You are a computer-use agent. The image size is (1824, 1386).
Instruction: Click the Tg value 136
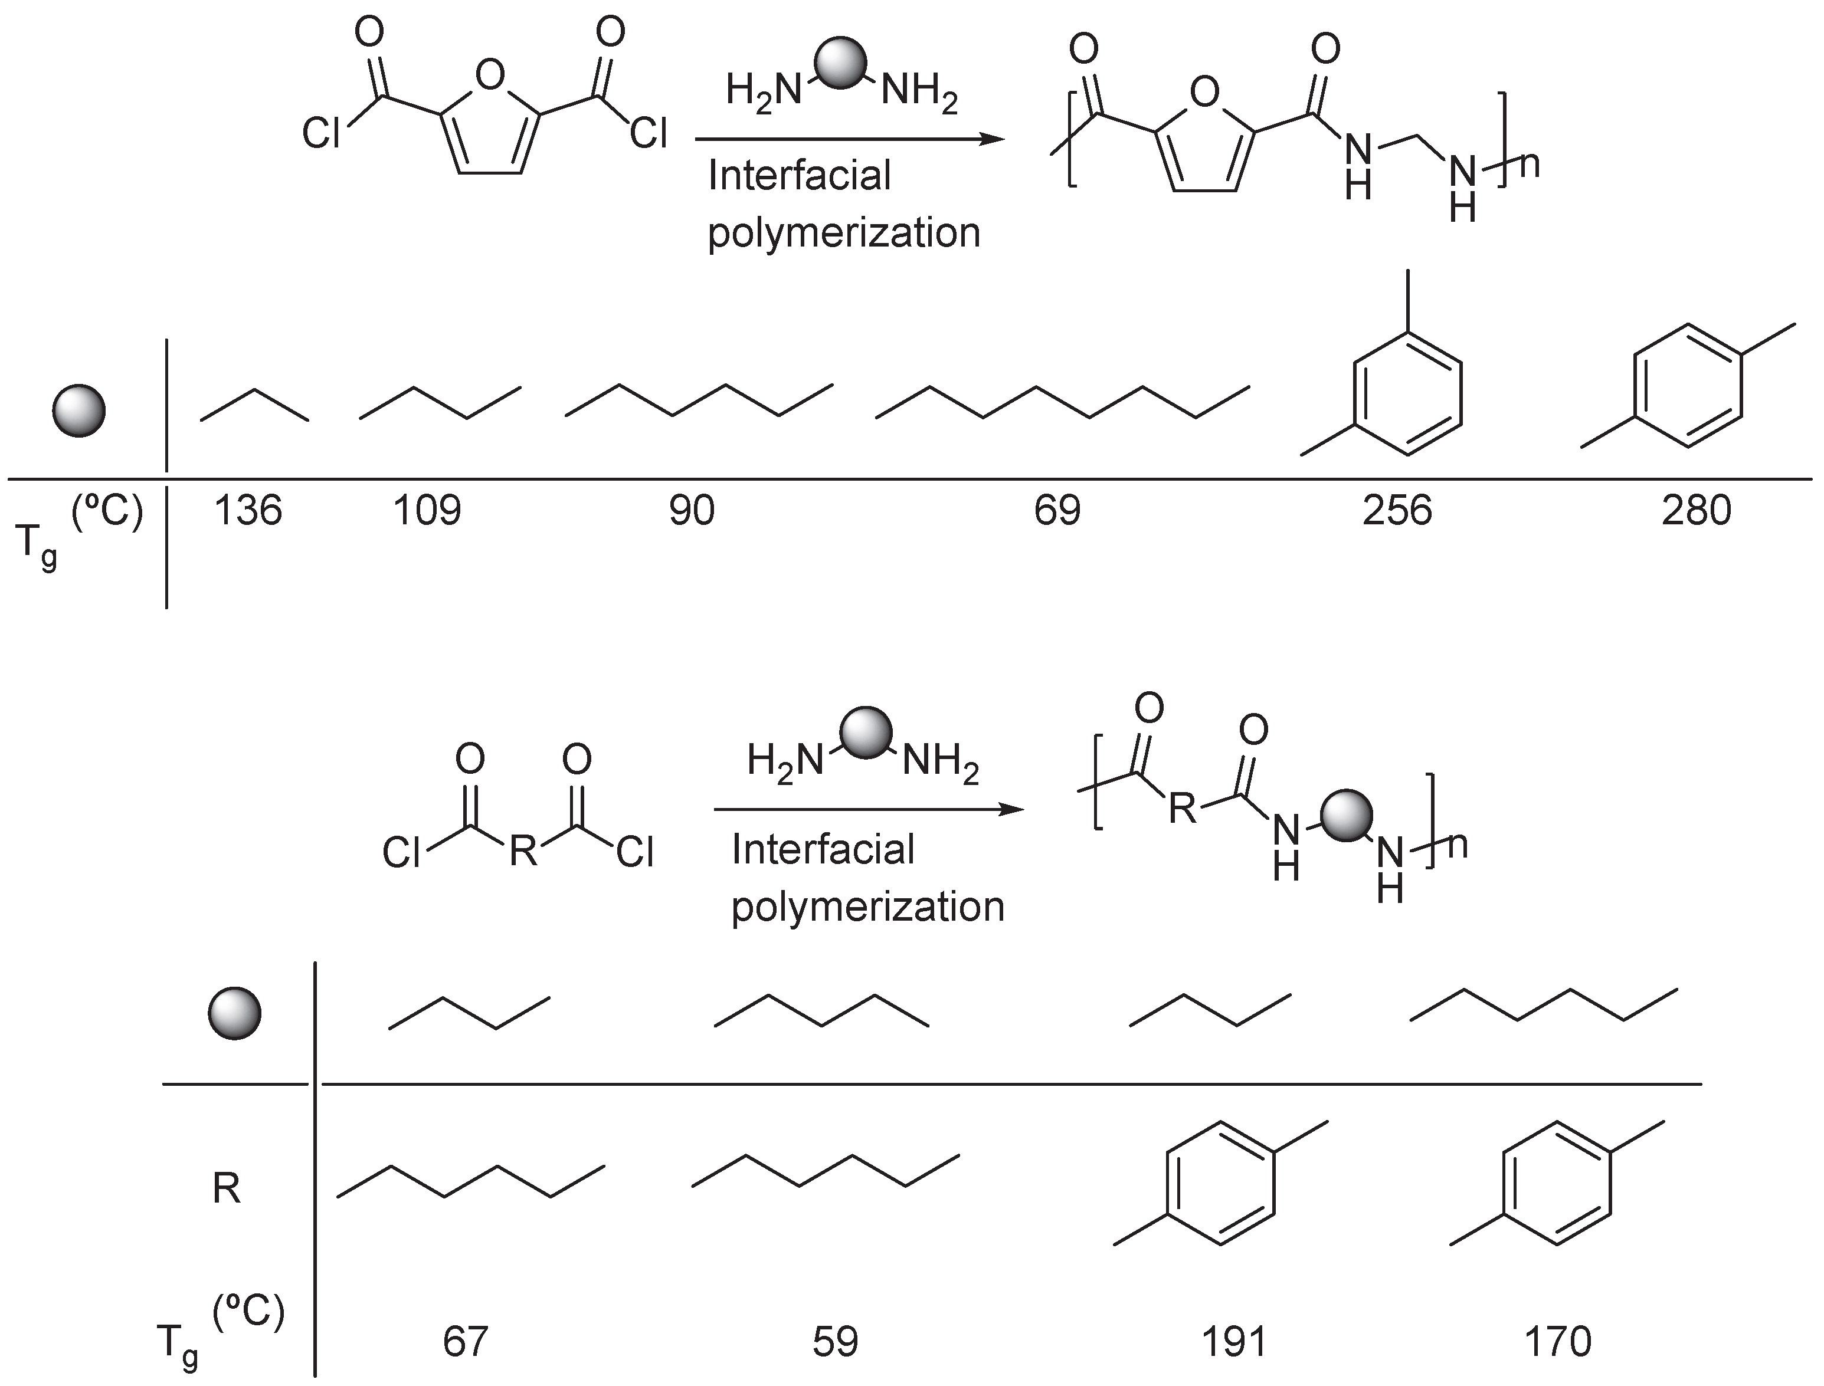tap(248, 511)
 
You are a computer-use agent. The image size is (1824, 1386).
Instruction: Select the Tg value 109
tap(427, 511)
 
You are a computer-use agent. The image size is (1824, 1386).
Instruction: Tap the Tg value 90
tap(692, 511)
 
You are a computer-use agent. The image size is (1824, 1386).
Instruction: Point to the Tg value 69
tap(1057, 511)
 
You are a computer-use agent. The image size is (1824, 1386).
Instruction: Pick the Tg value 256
tap(1397, 511)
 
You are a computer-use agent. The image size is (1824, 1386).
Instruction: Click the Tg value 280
tap(1696, 511)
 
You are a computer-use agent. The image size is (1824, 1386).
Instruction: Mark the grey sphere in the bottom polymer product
tap(1346, 815)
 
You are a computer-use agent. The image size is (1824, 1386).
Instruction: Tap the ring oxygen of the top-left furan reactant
tap(490, 77)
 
